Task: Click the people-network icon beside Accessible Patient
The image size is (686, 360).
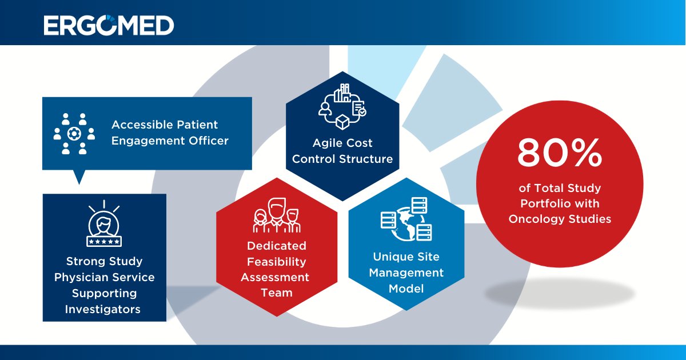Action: pyautogui.click(x=73, y=134)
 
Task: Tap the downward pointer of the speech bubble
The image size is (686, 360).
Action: pyautogui.click(x=79, y=177)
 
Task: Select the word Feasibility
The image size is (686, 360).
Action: pyautogui.click(x=277, y=261)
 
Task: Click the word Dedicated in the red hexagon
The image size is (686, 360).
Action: pyautogui.click(x=277, y=246)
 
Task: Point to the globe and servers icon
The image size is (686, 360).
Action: pyautogui.click(x=406, y=219)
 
